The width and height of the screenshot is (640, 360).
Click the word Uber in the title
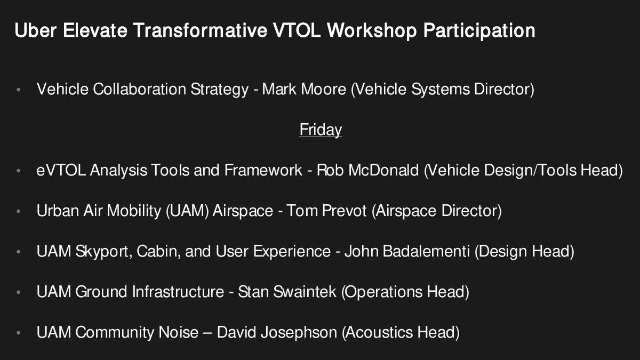(x=35, y=30)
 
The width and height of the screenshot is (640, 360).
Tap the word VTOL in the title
(x=297, y=30)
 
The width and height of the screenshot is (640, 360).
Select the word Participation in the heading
(x=479, y=31)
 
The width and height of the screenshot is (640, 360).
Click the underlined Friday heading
(x=321, y=130)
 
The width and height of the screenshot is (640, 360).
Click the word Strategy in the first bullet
(x=219, y=90)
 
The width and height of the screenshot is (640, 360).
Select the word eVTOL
(x=61, y=170)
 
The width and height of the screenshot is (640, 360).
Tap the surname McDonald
(x=383, y=170)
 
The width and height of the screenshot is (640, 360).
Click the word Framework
(x=263, y=170)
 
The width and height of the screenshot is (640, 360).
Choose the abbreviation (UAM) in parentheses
(x=187, y=211)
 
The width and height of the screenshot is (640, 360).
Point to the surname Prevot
(x=345, y=211)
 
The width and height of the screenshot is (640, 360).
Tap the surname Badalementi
(x=426, y=251)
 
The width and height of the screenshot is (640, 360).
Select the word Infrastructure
(x=178, y=292)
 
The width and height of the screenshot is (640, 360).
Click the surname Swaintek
(x=305, y=292)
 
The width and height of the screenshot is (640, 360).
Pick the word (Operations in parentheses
(x=382, y=292)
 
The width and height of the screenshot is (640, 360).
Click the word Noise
(x=178, y=332)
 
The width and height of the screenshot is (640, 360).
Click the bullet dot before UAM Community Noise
(x=19, y=333)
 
